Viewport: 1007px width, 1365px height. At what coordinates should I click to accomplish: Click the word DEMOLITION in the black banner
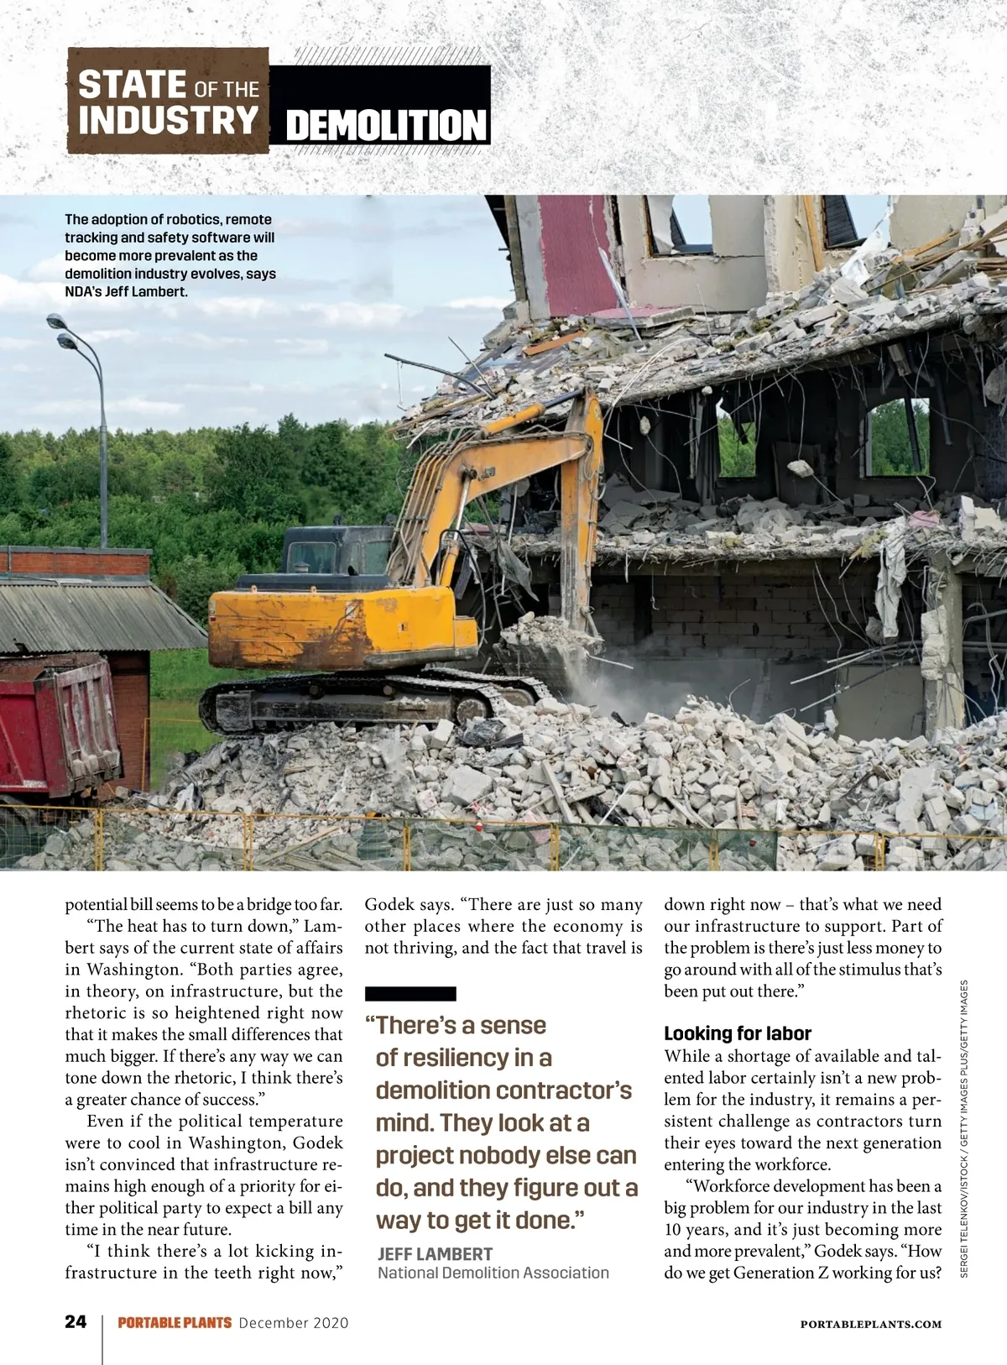386,126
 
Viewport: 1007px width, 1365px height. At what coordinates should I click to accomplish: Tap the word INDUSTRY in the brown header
168,119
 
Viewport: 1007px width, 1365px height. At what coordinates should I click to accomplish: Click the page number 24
76,1322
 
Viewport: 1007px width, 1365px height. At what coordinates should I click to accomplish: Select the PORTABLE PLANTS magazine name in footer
175,1323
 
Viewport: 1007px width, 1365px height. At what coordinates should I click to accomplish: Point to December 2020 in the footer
294,1323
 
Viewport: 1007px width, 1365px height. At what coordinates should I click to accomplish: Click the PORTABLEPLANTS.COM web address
871,1324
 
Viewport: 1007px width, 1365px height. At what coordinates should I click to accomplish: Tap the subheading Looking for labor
738,1033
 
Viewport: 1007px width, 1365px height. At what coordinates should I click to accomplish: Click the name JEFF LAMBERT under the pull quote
435,1253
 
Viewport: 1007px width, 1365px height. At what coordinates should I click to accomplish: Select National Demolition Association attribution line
493,1273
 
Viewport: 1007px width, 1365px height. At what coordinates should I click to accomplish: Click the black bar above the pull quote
410,993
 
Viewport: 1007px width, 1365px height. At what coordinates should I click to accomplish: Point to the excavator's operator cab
331,558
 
